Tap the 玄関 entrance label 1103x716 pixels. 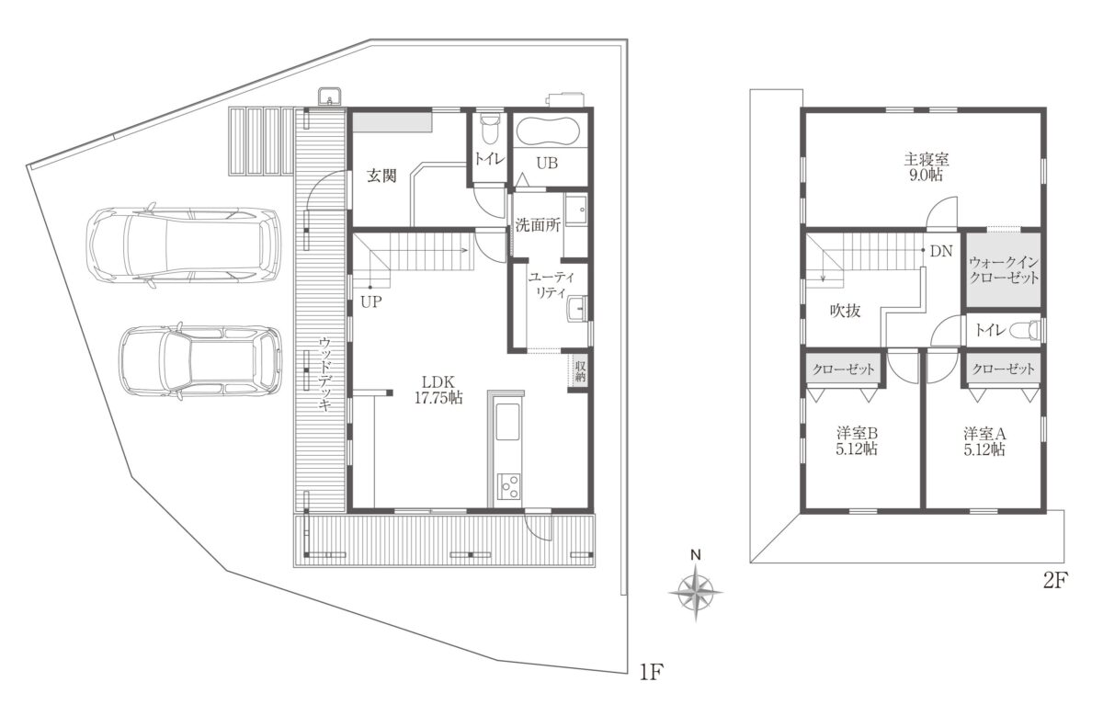pyautogui.click(x=381, y=176)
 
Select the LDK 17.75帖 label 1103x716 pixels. pyautogui.click(x=438, y=390)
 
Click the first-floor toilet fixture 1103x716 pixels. pyautogui.click(x=489, y=128)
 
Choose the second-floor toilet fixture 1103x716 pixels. pyautogui.click(x=1024, y=329)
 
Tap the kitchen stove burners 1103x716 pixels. pyautogui.click(x=508, y=486)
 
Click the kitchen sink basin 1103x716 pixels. pyautogui.click(x=507, y=422)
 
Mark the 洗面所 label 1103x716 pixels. pyautogui.click(x=538, y=225)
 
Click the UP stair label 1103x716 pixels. pyautogui.click(x=370, y=301)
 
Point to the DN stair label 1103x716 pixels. pyautogui.click(x=941, y=252)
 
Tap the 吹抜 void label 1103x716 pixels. pyautogui.click(x=846, y=311)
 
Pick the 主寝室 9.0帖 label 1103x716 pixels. pyautogui.click(x=927, y=167)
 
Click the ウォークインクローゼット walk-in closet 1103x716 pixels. pyautogui.click(x=1004, y=270)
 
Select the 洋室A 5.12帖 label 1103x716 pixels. pyautogui.click(x=984, y=442)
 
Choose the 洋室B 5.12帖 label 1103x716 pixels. pyautogui.click(x=857, y=442)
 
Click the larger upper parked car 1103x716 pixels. pyautogui.click(x=184, y=244)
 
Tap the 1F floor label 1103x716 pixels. pyautogui.click(x=652, y=671)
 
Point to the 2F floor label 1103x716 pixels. pyautogui.click(x=1055, y=581)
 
